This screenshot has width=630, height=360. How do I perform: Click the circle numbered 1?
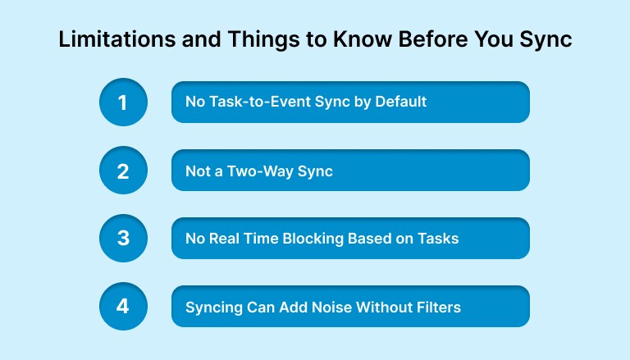tap(123, 103)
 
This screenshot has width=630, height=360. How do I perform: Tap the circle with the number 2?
tap(123, 171)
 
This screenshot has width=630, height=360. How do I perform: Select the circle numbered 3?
tap(123, 239)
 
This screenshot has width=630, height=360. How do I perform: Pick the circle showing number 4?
tap(123, 307)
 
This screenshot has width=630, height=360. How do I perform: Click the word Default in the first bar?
tap(400, 103)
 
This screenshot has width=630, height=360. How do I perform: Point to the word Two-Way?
tap(262, 171)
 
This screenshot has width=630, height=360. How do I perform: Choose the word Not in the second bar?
tap(198, 171)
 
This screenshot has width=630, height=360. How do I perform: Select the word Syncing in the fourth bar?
tap(212, 308)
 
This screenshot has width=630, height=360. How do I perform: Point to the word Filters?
tap(436, 307)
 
